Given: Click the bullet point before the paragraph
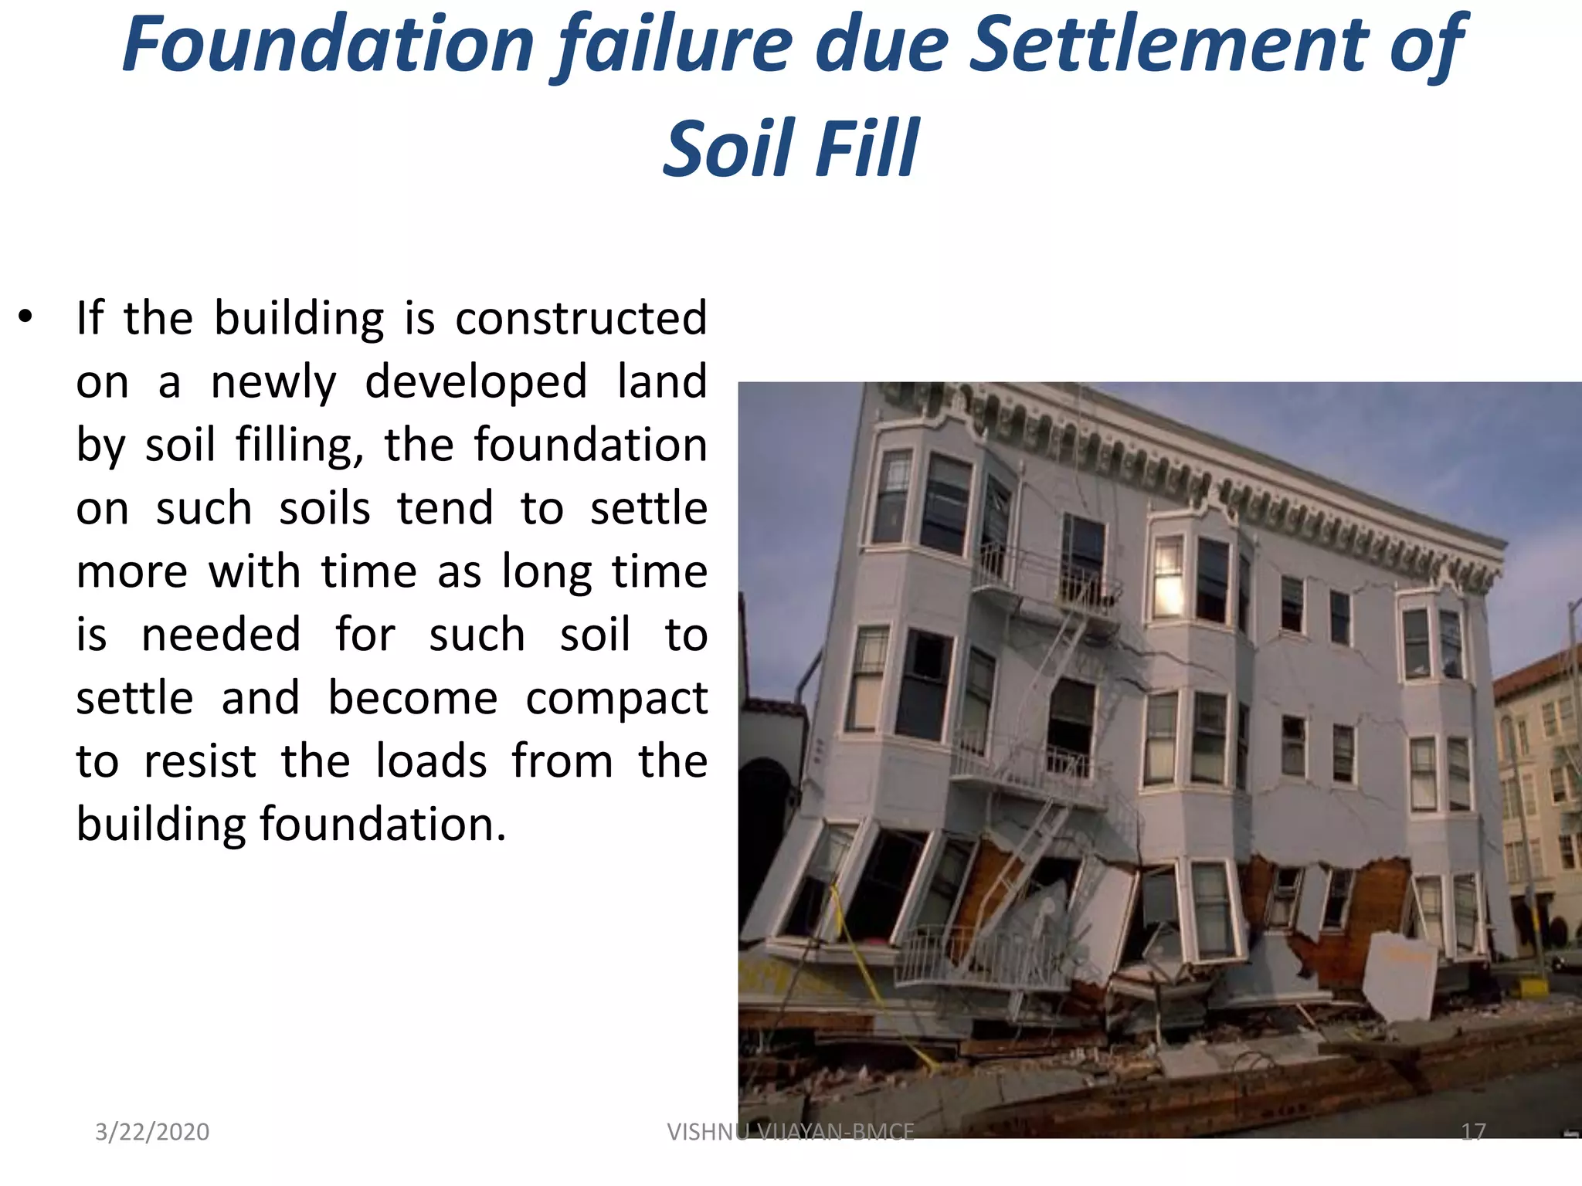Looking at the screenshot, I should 25,317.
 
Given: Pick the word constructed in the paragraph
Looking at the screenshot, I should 581,318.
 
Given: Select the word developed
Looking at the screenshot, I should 476,381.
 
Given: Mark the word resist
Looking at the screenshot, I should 200,762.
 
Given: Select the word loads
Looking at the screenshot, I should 431,762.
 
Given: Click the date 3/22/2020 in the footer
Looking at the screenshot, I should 152,1132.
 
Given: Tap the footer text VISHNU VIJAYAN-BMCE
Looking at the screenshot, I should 790,1132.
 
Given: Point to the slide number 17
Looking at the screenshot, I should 1473,1132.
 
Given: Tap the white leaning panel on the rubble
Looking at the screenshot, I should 1398,974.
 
